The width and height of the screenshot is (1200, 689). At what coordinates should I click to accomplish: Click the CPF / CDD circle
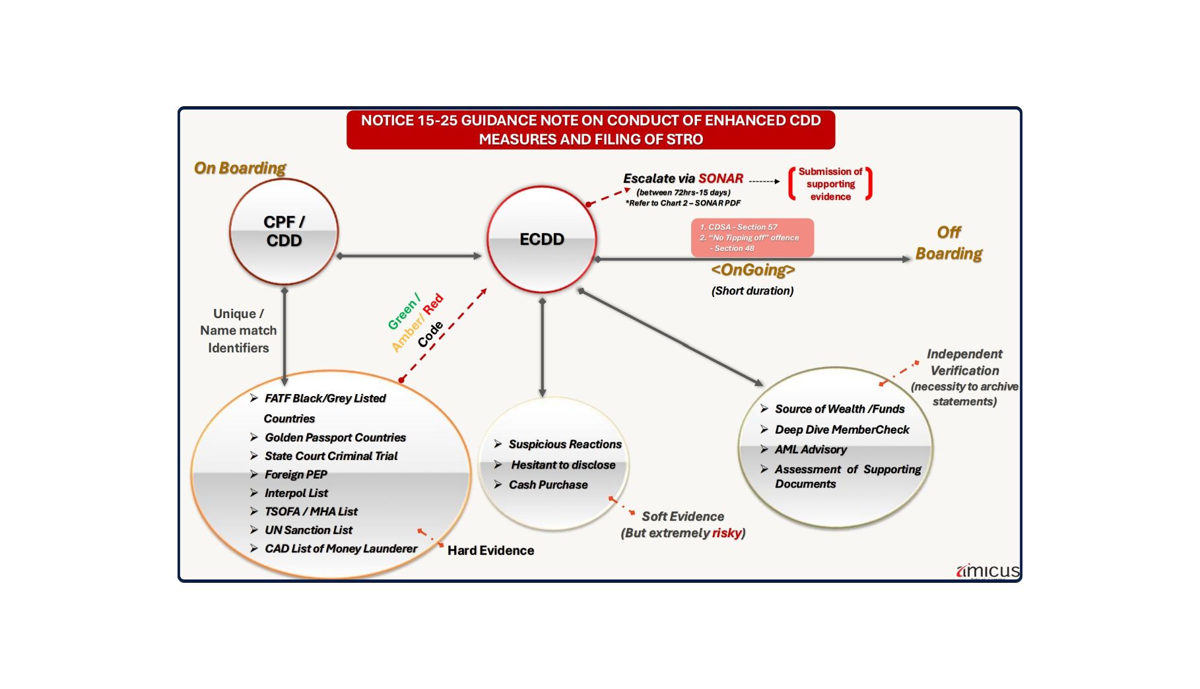click(284, 232)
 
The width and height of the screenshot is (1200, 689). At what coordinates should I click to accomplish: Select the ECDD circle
click(541, 239)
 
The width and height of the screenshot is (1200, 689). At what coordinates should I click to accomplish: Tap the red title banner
click(591, 130)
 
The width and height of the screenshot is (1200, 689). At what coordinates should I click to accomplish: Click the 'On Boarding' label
click(240, 168)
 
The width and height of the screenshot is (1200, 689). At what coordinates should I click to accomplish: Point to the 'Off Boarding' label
click(949, 243)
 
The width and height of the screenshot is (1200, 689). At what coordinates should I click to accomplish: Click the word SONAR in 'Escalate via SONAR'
click(721, 179)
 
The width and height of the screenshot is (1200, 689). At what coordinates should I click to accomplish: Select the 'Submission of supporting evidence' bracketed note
click(830, 184)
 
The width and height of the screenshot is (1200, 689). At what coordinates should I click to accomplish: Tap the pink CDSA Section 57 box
click(752, 238)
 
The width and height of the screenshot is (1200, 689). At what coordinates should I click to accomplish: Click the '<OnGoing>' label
click(752, 270)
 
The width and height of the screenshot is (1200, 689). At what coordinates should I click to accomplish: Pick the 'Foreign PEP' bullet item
click(296, 475)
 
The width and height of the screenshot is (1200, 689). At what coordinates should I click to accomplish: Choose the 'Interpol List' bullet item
click(296, 493)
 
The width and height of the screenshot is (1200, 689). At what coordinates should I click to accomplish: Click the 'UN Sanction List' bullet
click(308, 530)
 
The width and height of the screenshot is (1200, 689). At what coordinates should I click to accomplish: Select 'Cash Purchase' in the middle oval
click(548, 485)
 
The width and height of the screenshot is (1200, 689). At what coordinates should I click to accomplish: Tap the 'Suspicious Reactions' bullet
click(565, 444)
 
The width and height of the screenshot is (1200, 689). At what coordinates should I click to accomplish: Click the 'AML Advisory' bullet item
click(811, 449)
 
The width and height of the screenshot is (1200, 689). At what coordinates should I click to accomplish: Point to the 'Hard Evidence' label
click(490, 550)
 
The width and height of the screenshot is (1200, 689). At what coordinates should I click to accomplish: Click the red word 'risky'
click(726, 533)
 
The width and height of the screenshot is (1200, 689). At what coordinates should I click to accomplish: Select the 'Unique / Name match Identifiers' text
click(238, 331)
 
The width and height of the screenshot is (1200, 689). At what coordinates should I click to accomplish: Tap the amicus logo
click(987, 571)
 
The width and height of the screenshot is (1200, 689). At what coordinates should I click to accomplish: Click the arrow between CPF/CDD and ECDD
click(409, 256)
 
